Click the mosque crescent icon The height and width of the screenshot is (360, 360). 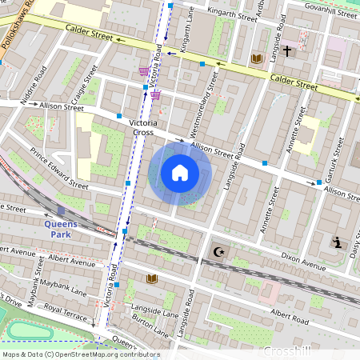pyautogui.click(x=217, y=252)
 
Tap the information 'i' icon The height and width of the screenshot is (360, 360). pyautogui.click(x=338, y=242)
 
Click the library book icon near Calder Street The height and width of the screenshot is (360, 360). pyautogui.click(x=257, y=58)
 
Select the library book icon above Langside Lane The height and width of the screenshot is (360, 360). pyautogui.click(x=152, y=278)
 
